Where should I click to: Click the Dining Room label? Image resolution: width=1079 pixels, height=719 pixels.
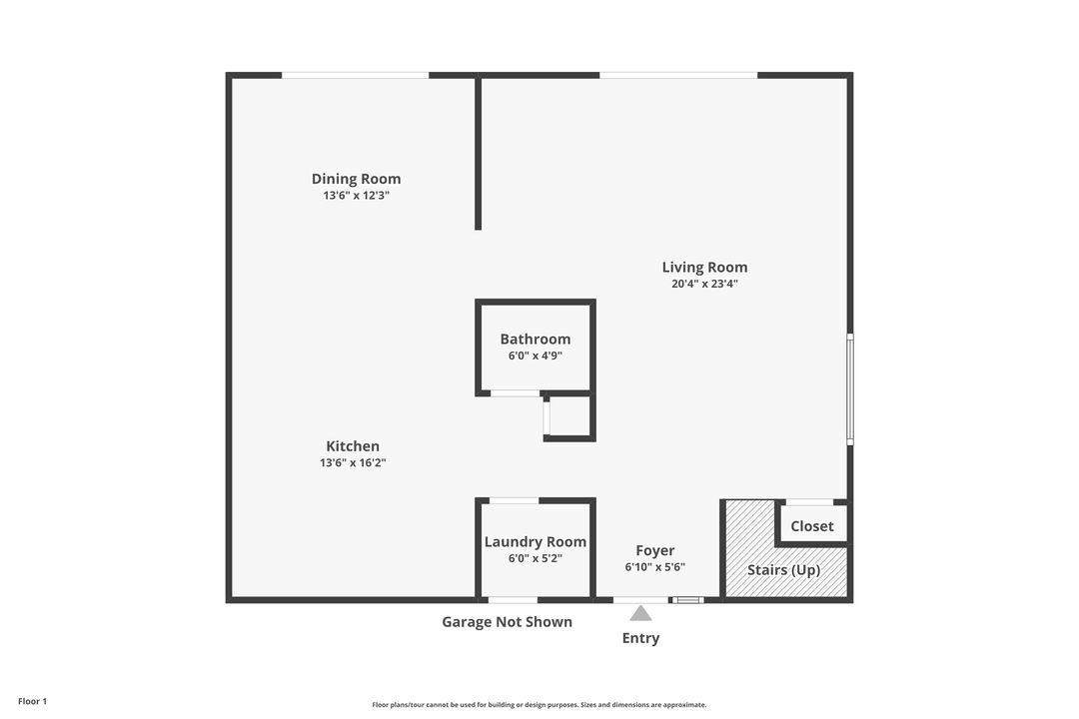356,179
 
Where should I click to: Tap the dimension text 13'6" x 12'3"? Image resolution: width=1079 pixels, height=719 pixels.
356,196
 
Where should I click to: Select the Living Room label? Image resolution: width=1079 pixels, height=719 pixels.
704,267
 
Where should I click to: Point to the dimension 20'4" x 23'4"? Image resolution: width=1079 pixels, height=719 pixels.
704,284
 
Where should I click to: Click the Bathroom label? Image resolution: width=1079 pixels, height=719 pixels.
536,339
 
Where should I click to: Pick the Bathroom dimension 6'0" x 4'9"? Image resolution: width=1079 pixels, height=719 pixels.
536,356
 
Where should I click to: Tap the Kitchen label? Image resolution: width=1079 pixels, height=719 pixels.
353,446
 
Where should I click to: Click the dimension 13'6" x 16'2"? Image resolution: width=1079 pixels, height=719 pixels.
353,463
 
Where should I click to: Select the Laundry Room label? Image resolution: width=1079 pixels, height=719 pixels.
536,542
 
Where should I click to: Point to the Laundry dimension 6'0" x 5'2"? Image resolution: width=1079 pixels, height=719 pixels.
536,559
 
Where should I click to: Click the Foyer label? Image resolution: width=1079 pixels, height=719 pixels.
655,550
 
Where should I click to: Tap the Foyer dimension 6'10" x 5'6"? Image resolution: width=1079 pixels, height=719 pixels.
655,567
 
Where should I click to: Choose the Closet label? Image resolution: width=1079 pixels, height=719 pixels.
812,526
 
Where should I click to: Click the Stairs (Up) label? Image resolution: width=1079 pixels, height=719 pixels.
784,570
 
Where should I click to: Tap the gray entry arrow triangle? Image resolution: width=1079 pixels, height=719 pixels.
640,613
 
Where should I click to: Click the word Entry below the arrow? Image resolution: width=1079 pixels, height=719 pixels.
640,638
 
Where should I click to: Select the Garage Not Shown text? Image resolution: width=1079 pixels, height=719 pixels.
508,622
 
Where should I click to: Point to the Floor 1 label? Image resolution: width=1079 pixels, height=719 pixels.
32,701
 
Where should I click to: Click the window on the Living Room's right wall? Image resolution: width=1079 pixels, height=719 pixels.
850,388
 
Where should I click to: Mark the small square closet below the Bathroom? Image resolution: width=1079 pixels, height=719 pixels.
568,415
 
